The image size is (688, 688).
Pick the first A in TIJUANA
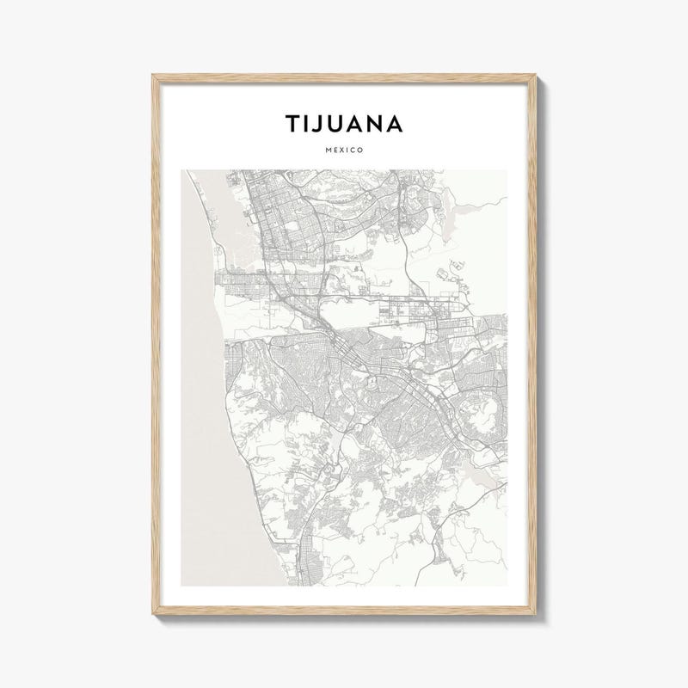click(356, 124)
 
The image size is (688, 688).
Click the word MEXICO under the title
click(344, 150)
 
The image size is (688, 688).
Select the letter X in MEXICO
click(341, 150)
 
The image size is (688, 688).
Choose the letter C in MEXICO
click(353, 150)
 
